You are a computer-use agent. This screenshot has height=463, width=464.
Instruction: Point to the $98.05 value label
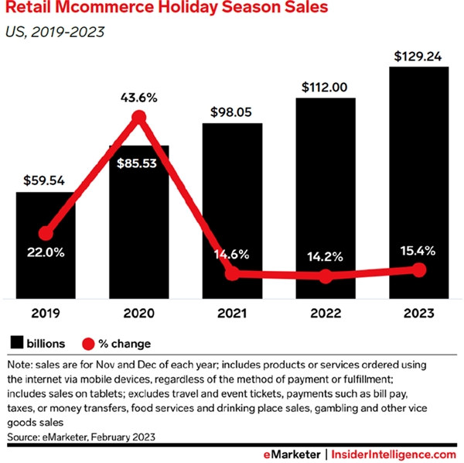[232, 112]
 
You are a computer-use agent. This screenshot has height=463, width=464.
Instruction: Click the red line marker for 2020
[139, 118]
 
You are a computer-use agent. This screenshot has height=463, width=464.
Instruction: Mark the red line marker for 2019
[46, 232]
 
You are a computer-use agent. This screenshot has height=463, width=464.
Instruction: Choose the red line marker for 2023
[418, 269]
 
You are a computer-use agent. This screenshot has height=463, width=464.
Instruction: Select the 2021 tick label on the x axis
[232, 314]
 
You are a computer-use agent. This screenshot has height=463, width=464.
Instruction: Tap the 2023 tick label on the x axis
[418, 314]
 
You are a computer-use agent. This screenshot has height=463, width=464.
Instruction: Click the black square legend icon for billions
[15, 342]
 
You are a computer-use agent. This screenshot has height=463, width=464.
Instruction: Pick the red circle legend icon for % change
[87, 342]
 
